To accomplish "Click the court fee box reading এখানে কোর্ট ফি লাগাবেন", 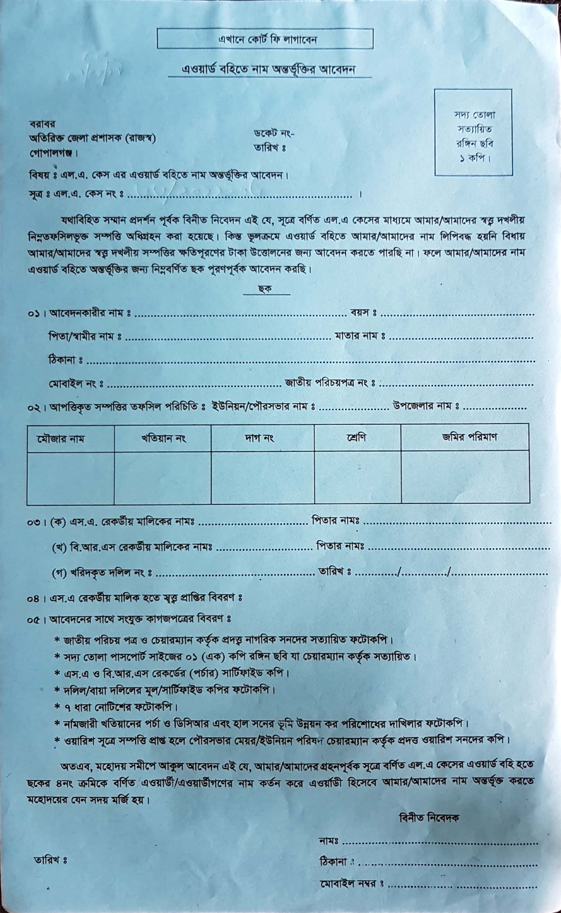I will point(265,39).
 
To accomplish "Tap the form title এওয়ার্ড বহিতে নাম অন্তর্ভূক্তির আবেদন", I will point(269,69).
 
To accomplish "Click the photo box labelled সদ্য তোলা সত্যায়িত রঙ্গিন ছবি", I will point(473,132).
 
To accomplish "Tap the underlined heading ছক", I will point(265,289).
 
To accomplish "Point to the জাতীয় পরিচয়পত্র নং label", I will point(329,382).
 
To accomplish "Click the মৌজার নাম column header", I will point(60,439).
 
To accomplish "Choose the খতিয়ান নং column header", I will point(163,439).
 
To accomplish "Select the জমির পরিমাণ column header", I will point(469,437).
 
